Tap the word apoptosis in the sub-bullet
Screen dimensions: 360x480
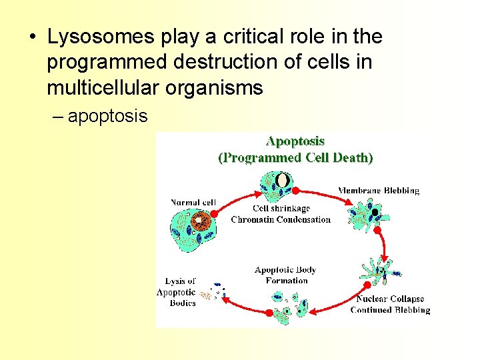[x=107, y=116]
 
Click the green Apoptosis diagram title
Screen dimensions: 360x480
[x=295, y=141]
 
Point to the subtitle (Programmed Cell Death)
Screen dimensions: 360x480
[x=295, y=158]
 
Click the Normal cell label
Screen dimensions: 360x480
[x=193, y=203]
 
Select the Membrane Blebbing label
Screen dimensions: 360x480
[x=378, y=191]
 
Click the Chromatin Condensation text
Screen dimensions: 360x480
[x=281, y=219]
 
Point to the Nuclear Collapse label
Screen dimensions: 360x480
[x=390, y=299]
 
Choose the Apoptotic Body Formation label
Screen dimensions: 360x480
[x=285, y=275]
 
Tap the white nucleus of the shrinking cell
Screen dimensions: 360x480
[x=283, y=180]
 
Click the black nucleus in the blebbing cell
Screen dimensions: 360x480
[x=375, y=213]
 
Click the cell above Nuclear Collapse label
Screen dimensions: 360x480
[x=381, y=270]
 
